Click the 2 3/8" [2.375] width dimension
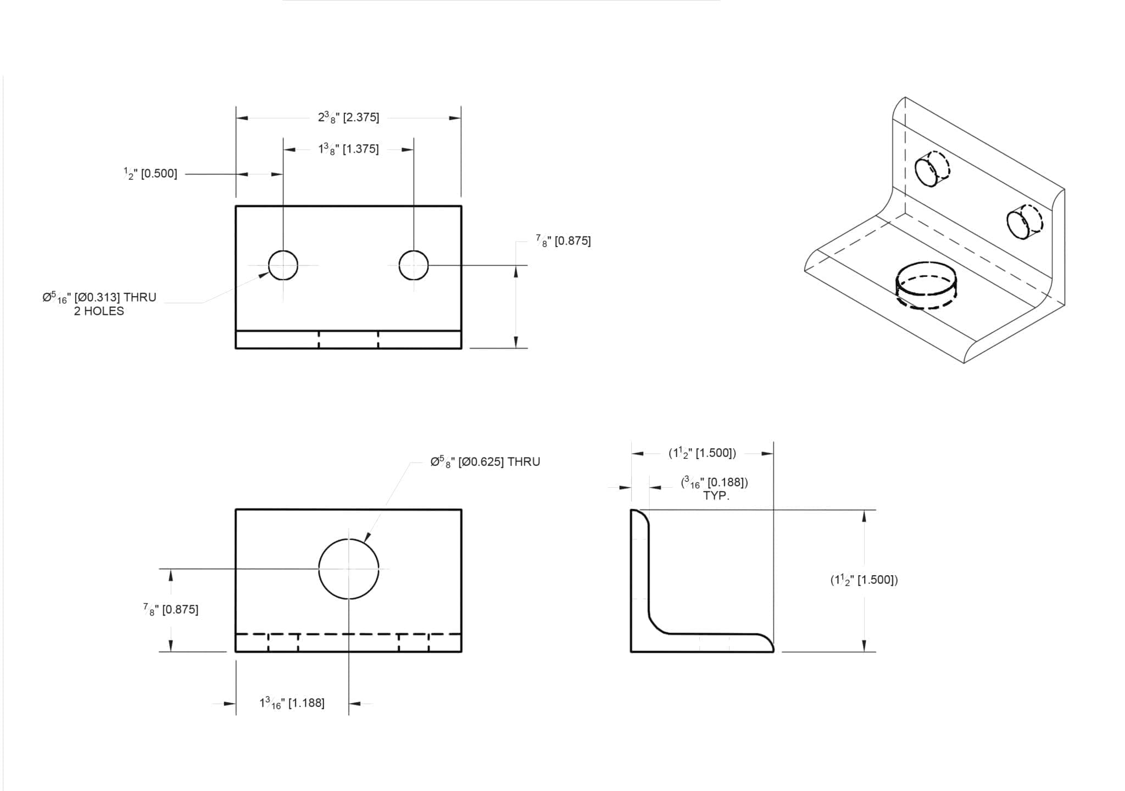coord(348,118)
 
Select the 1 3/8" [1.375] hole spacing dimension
coord(348,149)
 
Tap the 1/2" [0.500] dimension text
coord(151,174)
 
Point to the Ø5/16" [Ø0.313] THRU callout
coord(99,298)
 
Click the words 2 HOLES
coord(99,311)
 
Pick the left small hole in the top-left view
coord(283,265)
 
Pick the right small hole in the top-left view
coord(414,265)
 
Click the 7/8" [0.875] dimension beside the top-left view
coord(563,241)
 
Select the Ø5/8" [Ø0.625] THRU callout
coord(485,462)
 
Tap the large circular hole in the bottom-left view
coord(349,569)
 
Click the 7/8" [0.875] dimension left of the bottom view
coord(171,610)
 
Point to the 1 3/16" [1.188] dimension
coord(292,703)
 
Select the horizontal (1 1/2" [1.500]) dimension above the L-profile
coord(702,454)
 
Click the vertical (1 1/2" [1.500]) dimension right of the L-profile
coord(864,580)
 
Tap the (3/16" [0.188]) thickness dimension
coord(714,483)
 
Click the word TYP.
coord(716,496)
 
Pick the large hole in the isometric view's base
coord(926,285)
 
